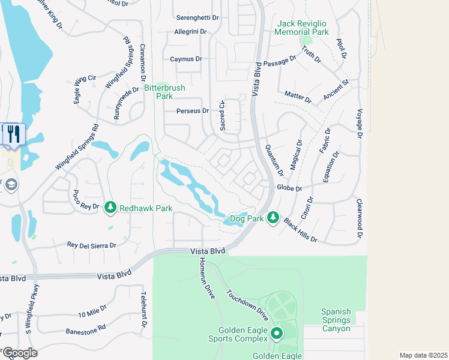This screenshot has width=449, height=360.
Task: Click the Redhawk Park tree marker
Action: [110, 208]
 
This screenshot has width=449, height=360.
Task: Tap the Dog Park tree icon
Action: [273, 217]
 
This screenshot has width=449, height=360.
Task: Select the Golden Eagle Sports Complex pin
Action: [277, 333]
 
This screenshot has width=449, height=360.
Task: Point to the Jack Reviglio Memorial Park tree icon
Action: [303, 41]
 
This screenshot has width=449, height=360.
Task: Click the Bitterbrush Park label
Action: [164, 92]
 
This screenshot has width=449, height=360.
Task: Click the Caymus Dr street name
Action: [186, 59]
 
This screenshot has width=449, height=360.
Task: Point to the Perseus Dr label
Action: [193, 111]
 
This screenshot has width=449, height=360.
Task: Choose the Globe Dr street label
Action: [288, 187]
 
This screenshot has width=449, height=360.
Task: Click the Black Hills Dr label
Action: [300, 230]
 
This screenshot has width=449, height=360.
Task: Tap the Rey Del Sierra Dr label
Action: [92, 245]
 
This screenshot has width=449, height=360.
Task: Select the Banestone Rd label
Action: [85, 328]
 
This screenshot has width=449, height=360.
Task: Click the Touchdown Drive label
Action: [247, 305]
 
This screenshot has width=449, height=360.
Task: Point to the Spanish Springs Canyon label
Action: [336, 320]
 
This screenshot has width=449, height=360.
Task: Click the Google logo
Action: [20, 353]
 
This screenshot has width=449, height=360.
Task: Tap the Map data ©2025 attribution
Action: [423, 355]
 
